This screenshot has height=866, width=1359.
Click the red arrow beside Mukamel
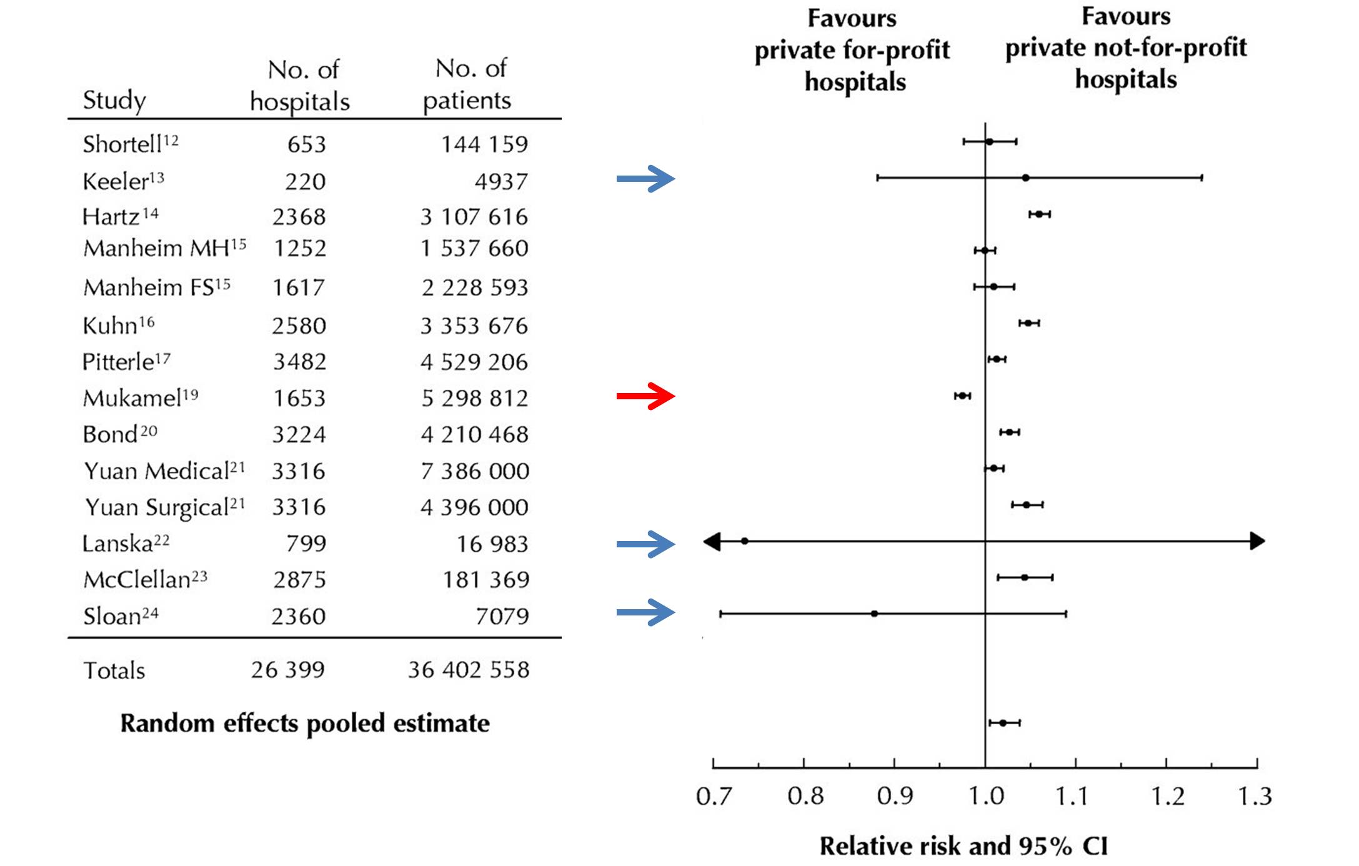645,396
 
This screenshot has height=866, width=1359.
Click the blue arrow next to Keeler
645,179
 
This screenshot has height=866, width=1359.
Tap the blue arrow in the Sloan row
645,612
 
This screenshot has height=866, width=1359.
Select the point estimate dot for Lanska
744,541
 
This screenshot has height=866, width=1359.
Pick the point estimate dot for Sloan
874,614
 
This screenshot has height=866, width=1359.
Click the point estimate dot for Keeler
1025,178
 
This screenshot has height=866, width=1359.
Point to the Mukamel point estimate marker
962,396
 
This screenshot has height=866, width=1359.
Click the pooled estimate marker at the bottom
1003,723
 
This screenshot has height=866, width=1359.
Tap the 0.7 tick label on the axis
713,797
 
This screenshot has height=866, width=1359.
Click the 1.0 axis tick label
985,797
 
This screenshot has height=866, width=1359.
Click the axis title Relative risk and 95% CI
963,846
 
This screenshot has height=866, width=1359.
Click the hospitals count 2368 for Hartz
299,217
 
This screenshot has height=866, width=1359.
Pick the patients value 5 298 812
474,398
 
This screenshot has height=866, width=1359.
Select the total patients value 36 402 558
469,670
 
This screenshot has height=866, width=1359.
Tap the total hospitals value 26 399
287,670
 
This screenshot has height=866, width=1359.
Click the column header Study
114,100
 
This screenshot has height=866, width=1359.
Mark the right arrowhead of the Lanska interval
1257,541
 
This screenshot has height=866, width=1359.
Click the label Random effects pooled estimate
305,724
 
